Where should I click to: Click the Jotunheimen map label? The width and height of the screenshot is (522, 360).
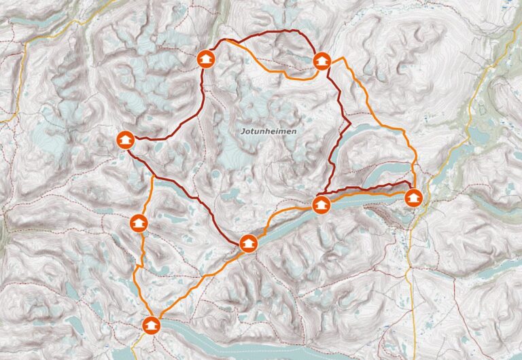click(268, 130)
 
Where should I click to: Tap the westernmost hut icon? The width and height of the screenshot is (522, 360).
click(124, 140)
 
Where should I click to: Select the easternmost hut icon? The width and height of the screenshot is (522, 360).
click(413, 198)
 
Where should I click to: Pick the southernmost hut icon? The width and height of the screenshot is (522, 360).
click(151, 325)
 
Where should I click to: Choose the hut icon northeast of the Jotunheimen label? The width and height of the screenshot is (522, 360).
click(321, 61)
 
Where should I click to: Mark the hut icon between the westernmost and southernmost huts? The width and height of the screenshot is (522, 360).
click(138, 222)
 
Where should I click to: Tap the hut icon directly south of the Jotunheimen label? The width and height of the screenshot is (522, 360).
click(249, 243)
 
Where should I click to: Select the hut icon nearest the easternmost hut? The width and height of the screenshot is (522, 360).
click(321, 204)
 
